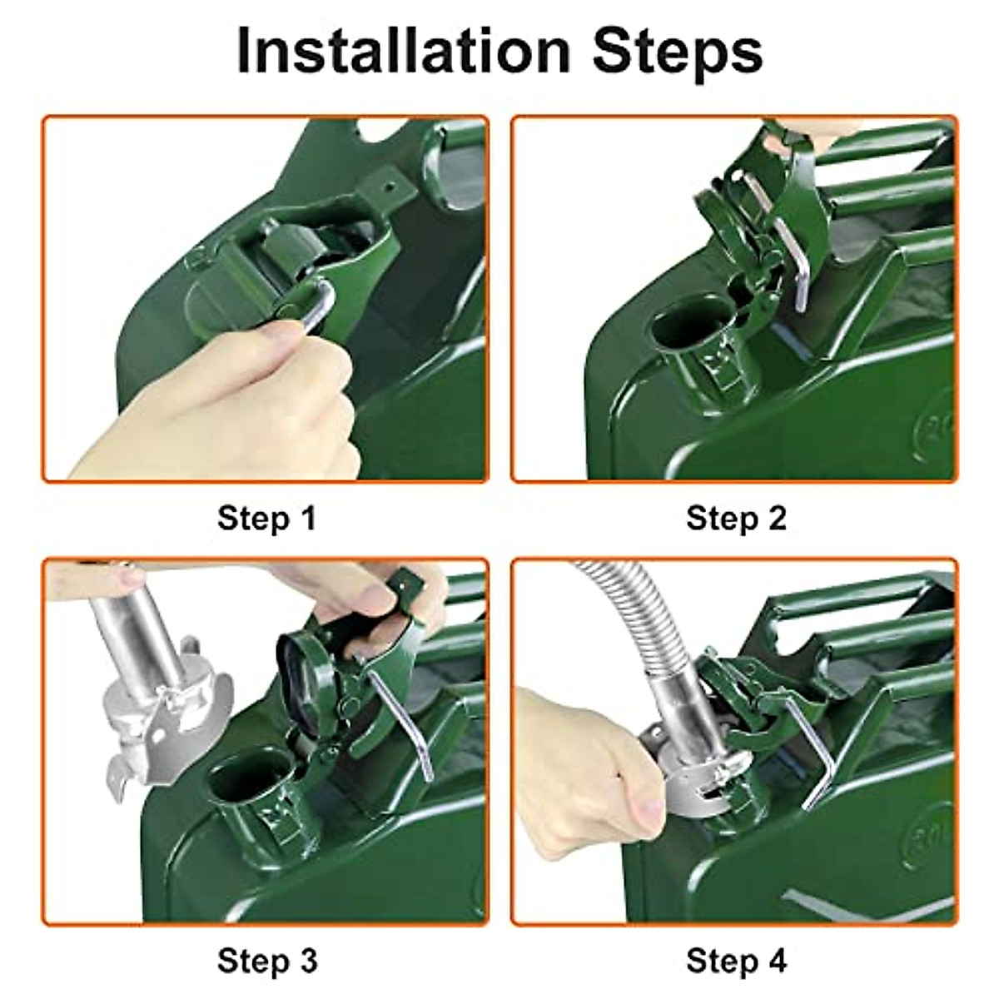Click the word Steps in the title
[678, 55]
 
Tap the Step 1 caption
[266, 518]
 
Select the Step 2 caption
[736, 518]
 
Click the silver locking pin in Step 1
[318, 306]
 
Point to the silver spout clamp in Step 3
[166, 726]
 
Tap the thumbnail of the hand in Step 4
[649, 808]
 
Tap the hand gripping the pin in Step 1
[218, 405]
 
